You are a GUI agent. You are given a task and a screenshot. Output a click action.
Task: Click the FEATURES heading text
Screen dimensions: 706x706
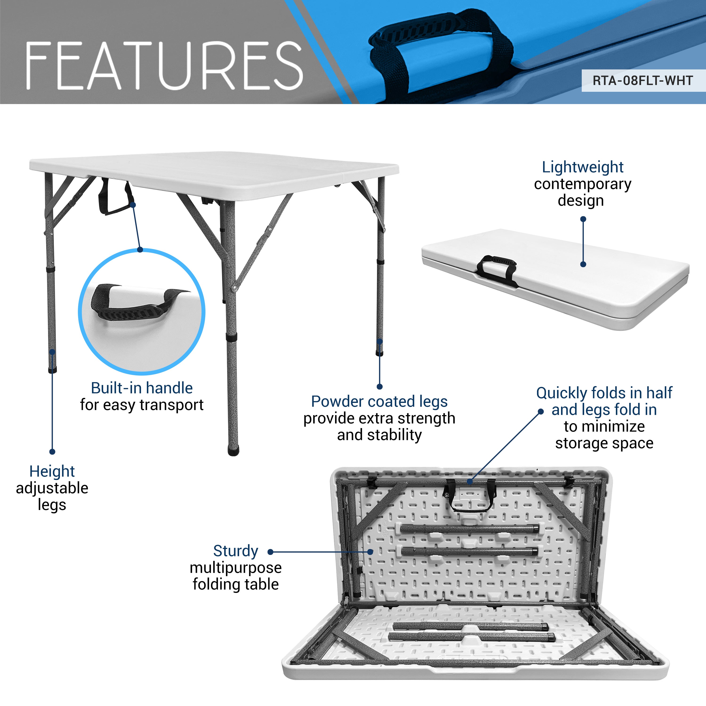pos(164,66)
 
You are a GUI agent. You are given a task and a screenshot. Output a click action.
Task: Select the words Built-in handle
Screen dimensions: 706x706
pos(142,388)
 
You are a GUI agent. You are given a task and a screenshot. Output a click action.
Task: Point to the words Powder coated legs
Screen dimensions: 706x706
pos(379,402)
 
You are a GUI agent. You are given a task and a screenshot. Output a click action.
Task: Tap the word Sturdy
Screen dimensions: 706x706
pos(236,551)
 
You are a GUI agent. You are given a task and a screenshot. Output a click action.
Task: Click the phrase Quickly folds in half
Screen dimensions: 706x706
pos(604,393)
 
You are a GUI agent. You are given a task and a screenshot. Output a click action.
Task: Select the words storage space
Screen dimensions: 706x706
pos(604,443)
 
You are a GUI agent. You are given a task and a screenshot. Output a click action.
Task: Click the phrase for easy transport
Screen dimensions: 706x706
pos(142,405)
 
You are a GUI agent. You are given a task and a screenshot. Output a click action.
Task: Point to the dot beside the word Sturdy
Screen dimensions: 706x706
pos(270,552)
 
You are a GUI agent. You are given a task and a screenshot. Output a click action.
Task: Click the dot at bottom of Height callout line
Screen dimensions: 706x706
pos(52,452)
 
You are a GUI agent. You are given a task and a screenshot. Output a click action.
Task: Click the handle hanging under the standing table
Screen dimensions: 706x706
pos(115,199)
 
